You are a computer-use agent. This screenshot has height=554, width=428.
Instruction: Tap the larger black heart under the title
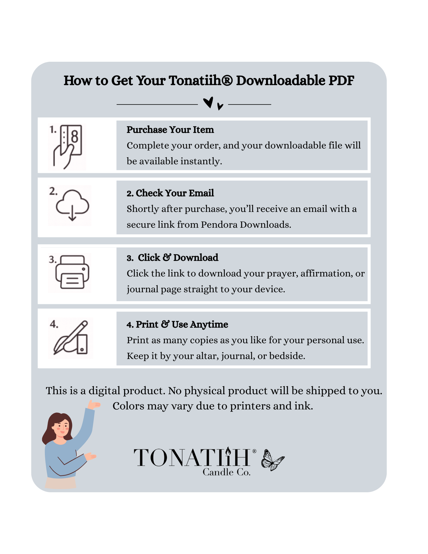pyautogui.click(x=208, y=102)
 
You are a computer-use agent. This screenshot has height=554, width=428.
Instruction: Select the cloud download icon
pyautogui.click(x=72, y=205)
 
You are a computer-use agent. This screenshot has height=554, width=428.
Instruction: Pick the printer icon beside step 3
pyautogui.click(x=72, y=272)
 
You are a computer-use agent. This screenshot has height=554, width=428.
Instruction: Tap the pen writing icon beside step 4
pyautogui.click(x=71, y=337)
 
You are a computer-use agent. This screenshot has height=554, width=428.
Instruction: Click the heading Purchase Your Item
pyautogui.click(x=170, y=130)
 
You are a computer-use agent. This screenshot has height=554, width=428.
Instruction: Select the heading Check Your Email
pyautogui.click(x=175, y=193)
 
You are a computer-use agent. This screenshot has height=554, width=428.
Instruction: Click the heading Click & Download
pyautogui.click(x=178, y=258)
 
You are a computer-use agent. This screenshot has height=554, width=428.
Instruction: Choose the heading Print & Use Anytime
pyautogui.click(x=182, y=325)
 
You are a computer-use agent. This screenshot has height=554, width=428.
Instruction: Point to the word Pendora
pyautogui.click(x=219, y=225)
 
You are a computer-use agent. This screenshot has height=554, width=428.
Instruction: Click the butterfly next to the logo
pyautogui.click(x=272, y=460)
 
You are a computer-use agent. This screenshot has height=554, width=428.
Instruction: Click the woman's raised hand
pyautogui.click(x=93, y=405)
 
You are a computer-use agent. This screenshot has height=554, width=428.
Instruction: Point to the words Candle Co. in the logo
pyautogui.click(x=226, y=472)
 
